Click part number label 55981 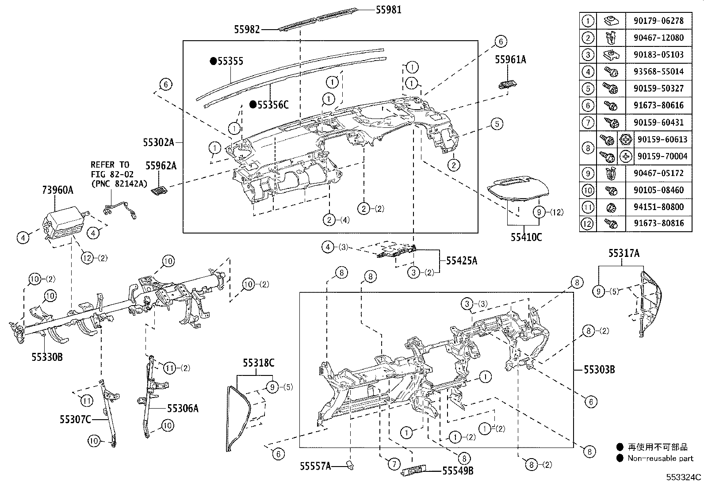389,9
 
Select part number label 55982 247,29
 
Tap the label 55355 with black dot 230,61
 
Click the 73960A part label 57,190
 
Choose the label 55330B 47,356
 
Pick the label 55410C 526,237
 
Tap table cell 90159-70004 662,156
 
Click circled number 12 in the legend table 587,223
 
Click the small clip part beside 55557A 351,464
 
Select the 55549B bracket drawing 414,470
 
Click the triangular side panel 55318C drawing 238,416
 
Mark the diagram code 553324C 684,477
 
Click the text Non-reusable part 660,458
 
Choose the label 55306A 183,408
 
